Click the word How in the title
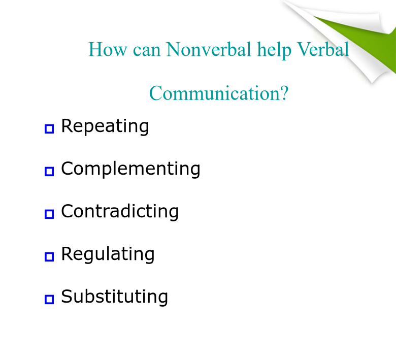pyautogui.click(x=108, y=49)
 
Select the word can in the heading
pyautogui.click(x=147, y=51)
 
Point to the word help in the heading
pyautogui.click(x=274, y=50)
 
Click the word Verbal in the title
pyautogui.click(x=323, y=49)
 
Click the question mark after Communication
pyautogui.click(x=284, y=93)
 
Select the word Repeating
pyautogui.click(x=105, y=126)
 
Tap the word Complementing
pyautogui.click(x=130, y=169)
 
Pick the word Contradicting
pyautogui.click(x=120, y=212)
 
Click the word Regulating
pyautogui.click(x=108, y=254)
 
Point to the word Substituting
pyautogui.click(x=114, y=297)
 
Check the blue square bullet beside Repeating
pyautogui.click(x=49, y=128)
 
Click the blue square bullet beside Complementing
pyautogui.click(x=49, y=171)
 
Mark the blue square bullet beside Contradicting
pyautogui.click(x=49, y=214)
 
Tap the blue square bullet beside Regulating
pyautogui.click(x=49, y=257)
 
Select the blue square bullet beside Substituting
pyautogui.click(x=49, y=300)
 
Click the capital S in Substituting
pyautogui.click(x=67, y=296)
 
